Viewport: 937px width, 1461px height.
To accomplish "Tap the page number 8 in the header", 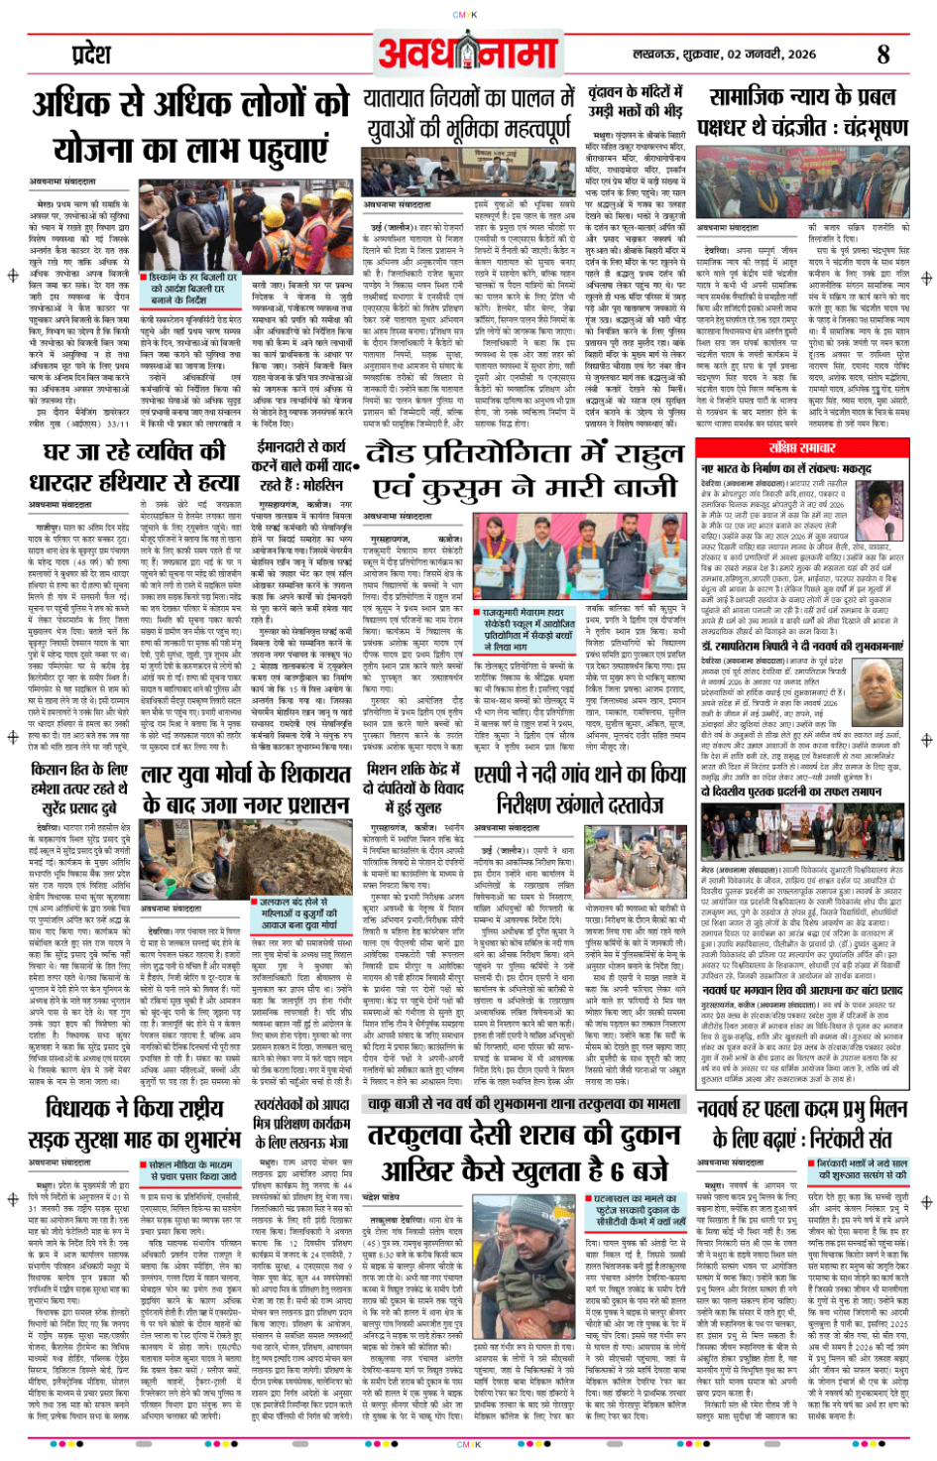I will [882, 55].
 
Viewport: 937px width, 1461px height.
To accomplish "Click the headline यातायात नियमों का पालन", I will [468, 112].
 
